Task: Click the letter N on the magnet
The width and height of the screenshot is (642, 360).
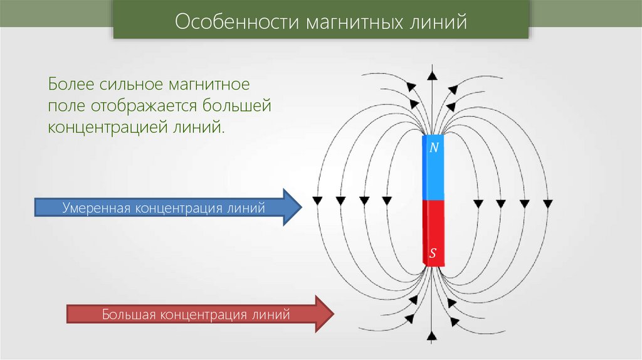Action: [433, 148]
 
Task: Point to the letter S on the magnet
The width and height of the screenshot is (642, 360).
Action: [433, 255]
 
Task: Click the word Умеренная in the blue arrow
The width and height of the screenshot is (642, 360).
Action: [95, 207]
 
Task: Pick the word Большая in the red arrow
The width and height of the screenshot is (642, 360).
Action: [129, 313]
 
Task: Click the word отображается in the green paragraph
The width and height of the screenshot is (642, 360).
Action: [139, 105]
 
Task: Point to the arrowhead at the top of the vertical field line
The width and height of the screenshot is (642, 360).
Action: [432, 75]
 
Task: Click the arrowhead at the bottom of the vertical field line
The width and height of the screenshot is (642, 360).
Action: [432, 338]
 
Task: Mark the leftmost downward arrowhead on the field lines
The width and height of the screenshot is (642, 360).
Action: [317, 201]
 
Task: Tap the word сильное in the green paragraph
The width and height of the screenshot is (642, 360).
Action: [131, 84]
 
